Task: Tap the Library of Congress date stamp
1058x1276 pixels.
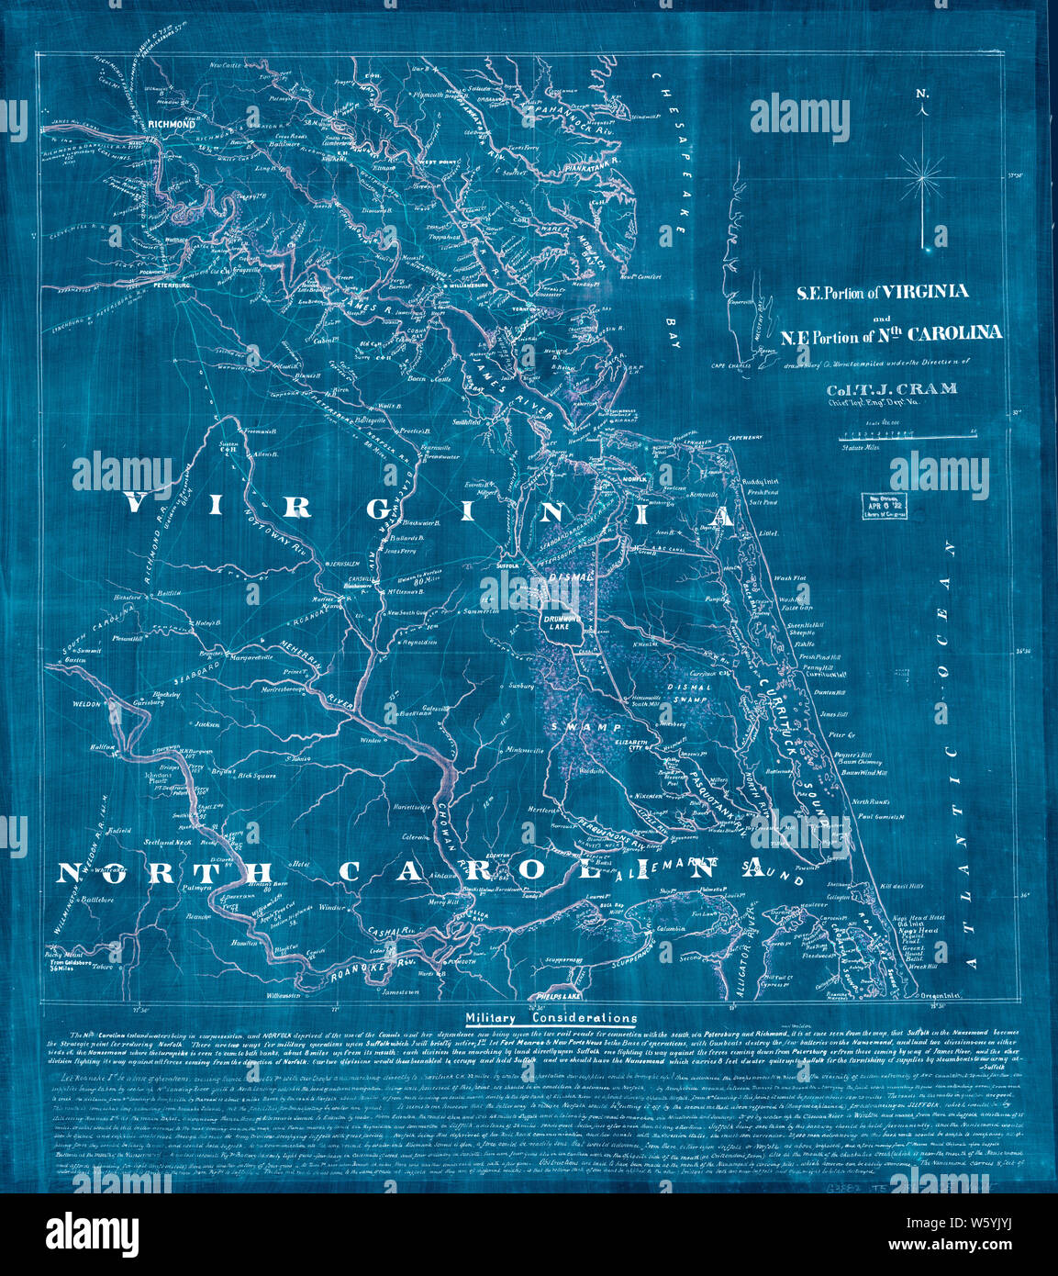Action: coord(877,506)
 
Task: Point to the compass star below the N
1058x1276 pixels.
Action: coord(922,174)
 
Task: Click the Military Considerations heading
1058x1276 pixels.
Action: coord(551,1018)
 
